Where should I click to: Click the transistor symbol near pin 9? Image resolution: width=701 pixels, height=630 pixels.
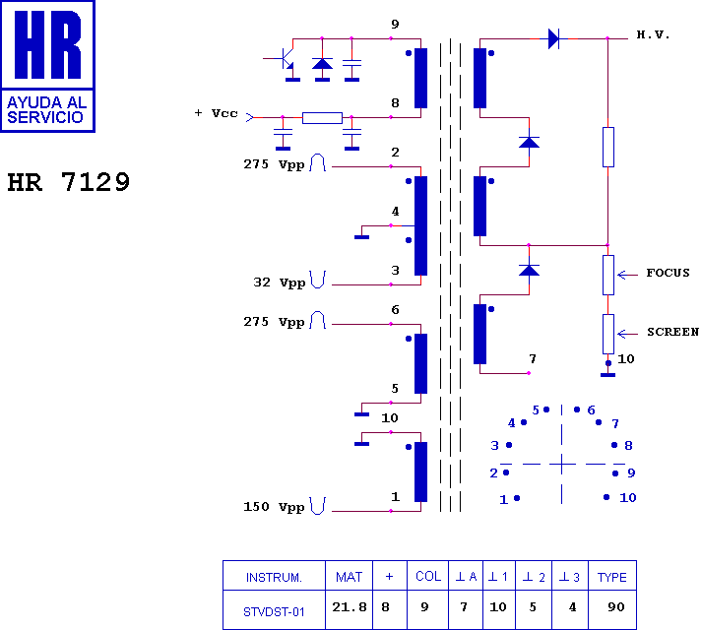(287, 59)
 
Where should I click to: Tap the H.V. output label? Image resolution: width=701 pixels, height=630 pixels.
(653, 34)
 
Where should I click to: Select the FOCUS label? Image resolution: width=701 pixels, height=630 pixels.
(668, 273)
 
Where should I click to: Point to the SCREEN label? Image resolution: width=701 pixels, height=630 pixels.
(672, 332)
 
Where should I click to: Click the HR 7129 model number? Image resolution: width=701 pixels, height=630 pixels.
(68, 182)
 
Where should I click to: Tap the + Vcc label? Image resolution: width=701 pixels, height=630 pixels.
(216, 113)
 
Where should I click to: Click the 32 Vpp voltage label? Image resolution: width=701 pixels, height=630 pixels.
(280, 283)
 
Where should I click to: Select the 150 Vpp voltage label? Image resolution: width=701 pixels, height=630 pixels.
(275, 507)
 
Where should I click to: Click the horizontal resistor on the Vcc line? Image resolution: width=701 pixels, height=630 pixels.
(322, 117)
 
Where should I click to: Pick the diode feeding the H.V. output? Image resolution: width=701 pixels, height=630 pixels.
(553, 39)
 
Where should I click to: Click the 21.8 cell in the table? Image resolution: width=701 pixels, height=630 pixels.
(350, 606)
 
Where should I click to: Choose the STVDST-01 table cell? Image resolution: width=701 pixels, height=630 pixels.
(274, 611)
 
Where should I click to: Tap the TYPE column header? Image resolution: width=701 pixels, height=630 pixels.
(612, 577)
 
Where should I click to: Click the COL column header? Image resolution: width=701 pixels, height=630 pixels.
(428, 576)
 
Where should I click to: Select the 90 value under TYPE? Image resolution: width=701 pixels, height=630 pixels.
(616, 606)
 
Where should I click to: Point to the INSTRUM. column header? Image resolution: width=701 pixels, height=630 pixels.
(274, 577)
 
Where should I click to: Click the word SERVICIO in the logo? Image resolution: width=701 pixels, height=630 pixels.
(45, 117)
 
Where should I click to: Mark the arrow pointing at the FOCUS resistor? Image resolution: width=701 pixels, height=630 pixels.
(628, 275)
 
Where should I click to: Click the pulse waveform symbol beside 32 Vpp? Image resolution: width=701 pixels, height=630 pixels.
(317, 280)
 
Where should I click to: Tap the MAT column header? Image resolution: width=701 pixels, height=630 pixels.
(349, 577)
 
